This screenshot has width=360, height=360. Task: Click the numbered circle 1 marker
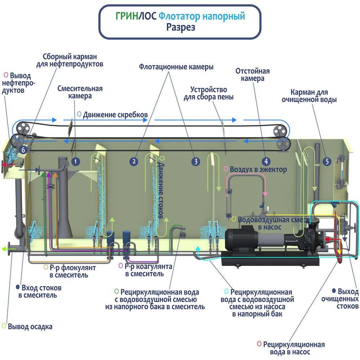tap(75, 161)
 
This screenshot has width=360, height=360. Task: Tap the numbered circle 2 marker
tap(134, 161)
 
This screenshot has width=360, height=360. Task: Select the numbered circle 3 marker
tap(195, 161)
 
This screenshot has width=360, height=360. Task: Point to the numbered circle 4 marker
tap(266, 161)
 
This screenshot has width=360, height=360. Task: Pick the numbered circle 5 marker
tap(327, 161)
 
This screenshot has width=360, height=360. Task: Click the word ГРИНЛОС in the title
tap(136, 16)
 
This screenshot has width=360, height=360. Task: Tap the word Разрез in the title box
tap(181, 27)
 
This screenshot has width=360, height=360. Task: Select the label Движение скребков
tap(115, 115)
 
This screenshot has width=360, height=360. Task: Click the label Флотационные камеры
tap(176, 67)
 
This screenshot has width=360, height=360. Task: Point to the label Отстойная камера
tap(252, 75)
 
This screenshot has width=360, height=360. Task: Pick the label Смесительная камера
tap(80, 92)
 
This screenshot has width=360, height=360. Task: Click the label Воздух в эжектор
tap(258, 169)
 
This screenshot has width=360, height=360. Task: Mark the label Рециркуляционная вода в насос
tap(294, 348)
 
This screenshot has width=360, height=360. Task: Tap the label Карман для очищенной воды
tap(309, 96)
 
